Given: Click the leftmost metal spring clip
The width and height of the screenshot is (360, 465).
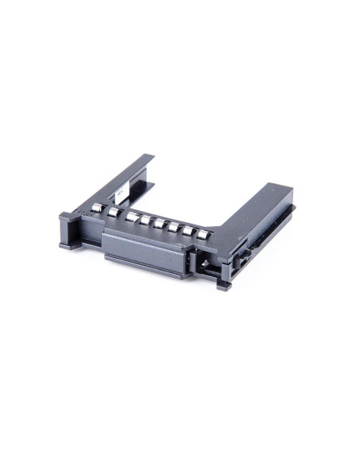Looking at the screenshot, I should click(97, 208).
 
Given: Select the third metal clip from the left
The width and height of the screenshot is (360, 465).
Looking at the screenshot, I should click(132, 216).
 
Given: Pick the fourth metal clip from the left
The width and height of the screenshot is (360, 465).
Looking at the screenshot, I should click(146, 220).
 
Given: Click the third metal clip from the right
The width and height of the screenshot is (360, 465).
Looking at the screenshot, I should click(174, 227).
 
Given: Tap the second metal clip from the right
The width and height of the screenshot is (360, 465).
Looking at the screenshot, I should click(189, 231).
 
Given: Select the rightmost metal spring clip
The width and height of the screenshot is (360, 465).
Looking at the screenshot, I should click(204, 235).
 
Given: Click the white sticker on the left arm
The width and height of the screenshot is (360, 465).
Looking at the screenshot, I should click(119, 191).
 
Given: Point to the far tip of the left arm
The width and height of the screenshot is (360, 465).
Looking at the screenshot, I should click(147, 158).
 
